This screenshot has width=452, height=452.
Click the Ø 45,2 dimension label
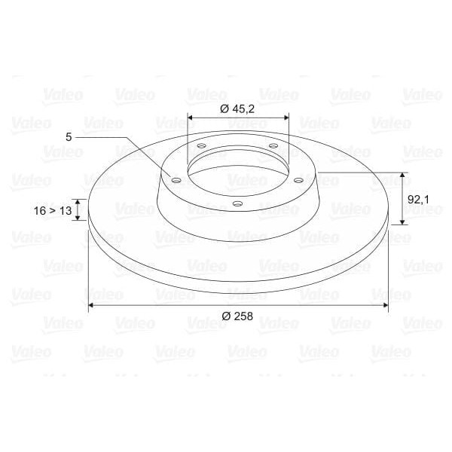(x=237, y=108)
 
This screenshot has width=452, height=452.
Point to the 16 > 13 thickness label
(x=52, y=211)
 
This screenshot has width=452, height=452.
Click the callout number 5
(x=69, y=137)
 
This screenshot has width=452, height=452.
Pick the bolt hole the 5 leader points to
(x=176, y=181)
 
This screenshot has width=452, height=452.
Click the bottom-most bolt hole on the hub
(x=237, y=203)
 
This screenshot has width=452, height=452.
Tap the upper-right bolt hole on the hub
(x=273, y=145)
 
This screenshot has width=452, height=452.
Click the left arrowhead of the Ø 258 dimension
(x=92, y=304)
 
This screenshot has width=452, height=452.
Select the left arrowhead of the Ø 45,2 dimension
(x=190, y=118)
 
